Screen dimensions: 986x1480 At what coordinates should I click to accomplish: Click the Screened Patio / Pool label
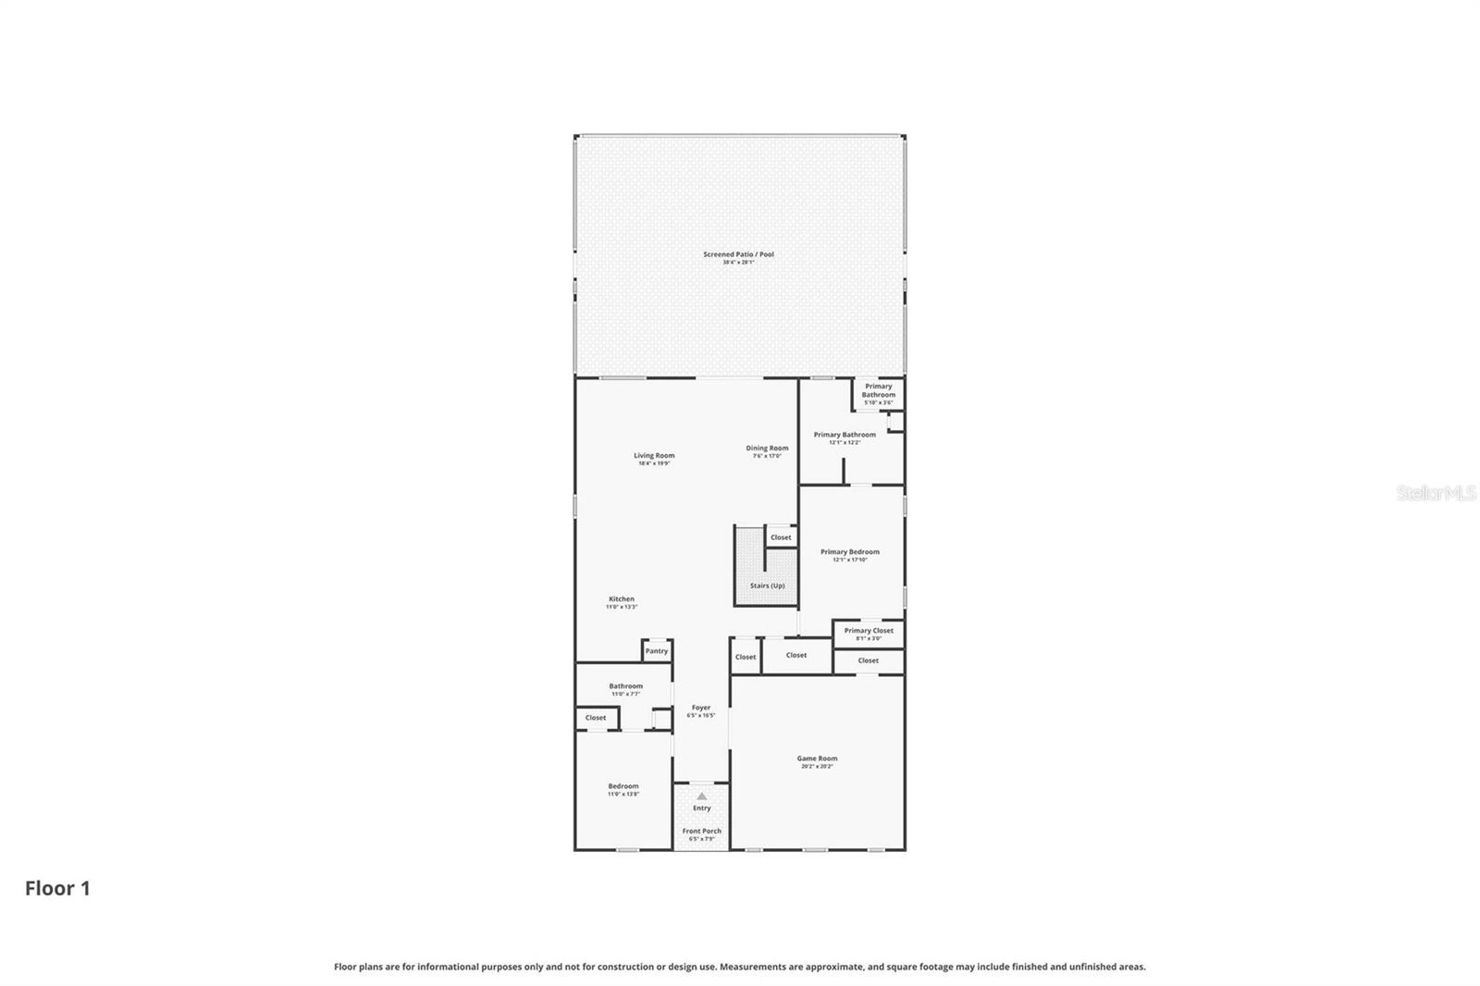(738, 257)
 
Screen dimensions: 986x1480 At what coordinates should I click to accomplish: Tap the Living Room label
(654, 458)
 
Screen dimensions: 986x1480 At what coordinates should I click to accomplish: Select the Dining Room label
(767, 450)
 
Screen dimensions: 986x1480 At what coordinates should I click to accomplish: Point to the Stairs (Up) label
(767, 585)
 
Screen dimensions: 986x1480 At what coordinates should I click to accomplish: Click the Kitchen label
(622, 602)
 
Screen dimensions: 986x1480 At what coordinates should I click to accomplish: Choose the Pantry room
(657, 651)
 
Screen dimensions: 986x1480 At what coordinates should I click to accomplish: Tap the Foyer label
(701, 710)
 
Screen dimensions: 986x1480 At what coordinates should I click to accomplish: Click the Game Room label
(817, 761)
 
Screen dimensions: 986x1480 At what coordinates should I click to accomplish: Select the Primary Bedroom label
(850, 555)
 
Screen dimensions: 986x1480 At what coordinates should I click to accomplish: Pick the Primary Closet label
(869, 633)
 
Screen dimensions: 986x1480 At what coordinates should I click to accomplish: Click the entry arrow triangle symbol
(701, 795)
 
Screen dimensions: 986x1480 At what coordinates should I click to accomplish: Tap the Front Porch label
(701, 833)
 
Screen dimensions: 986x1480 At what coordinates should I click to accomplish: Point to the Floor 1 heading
(57, 889)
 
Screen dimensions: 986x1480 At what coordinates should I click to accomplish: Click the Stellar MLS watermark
(1436, 494)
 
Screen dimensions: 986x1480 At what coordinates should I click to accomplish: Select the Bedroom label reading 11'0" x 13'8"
(623, 789)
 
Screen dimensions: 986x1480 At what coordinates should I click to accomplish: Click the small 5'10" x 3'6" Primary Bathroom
(878, 393)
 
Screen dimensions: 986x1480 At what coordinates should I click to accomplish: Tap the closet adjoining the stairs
(781, 537)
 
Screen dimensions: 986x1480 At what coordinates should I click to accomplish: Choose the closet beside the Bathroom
(596, 718)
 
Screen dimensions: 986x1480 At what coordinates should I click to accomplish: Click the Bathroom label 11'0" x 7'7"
(625, 689)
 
